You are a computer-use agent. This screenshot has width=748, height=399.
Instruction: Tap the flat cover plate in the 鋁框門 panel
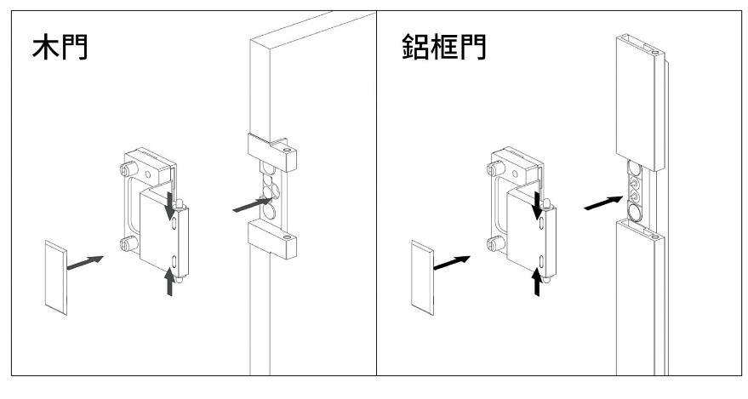(x=423, y=276)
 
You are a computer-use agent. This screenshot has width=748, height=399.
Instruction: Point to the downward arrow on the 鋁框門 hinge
(x=537, y=208)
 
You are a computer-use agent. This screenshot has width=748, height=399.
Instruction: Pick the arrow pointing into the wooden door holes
(x=253, y=204)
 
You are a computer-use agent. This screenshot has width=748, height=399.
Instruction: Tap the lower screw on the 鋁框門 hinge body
(x=494, y=245)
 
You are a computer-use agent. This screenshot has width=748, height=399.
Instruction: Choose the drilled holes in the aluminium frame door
(x=633, y=189)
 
